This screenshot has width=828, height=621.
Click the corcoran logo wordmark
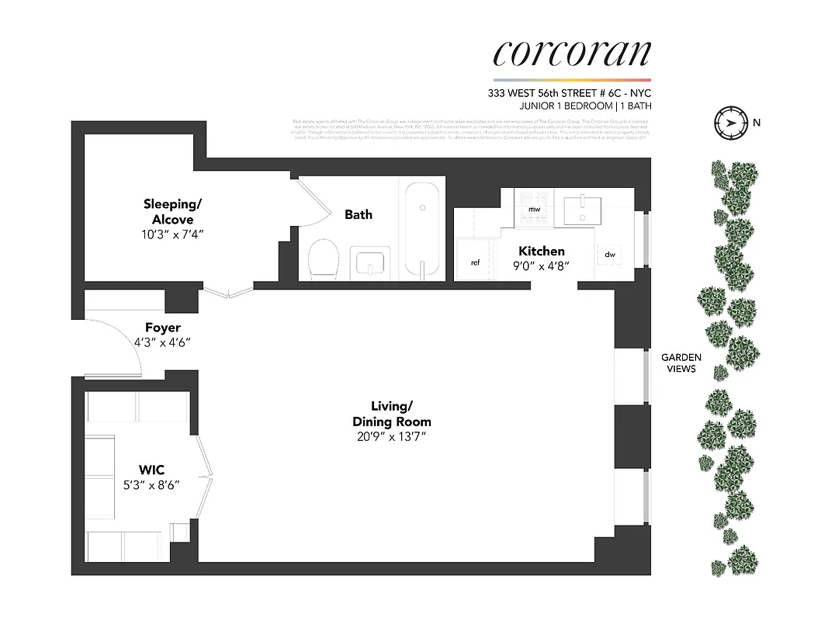[x=572, y=52]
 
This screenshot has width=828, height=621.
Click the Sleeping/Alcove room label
[x=172, y=211]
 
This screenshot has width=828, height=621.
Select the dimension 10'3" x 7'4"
[x=172, y=233]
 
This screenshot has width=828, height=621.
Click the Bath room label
[x=359, y=214]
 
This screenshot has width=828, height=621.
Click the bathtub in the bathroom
[x=423, y=228]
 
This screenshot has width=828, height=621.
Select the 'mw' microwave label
[x=534, y=210]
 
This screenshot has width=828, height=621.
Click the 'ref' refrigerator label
[x=476, y=262]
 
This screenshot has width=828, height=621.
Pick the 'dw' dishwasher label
[x=610, y=254]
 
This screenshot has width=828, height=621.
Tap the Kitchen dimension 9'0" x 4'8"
[x=542, y=265]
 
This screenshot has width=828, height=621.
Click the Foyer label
[x=163, y=328]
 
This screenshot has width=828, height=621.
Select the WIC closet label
[x=152, y=469]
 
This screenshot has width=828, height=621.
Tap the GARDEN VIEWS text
[x=681, y=363]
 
